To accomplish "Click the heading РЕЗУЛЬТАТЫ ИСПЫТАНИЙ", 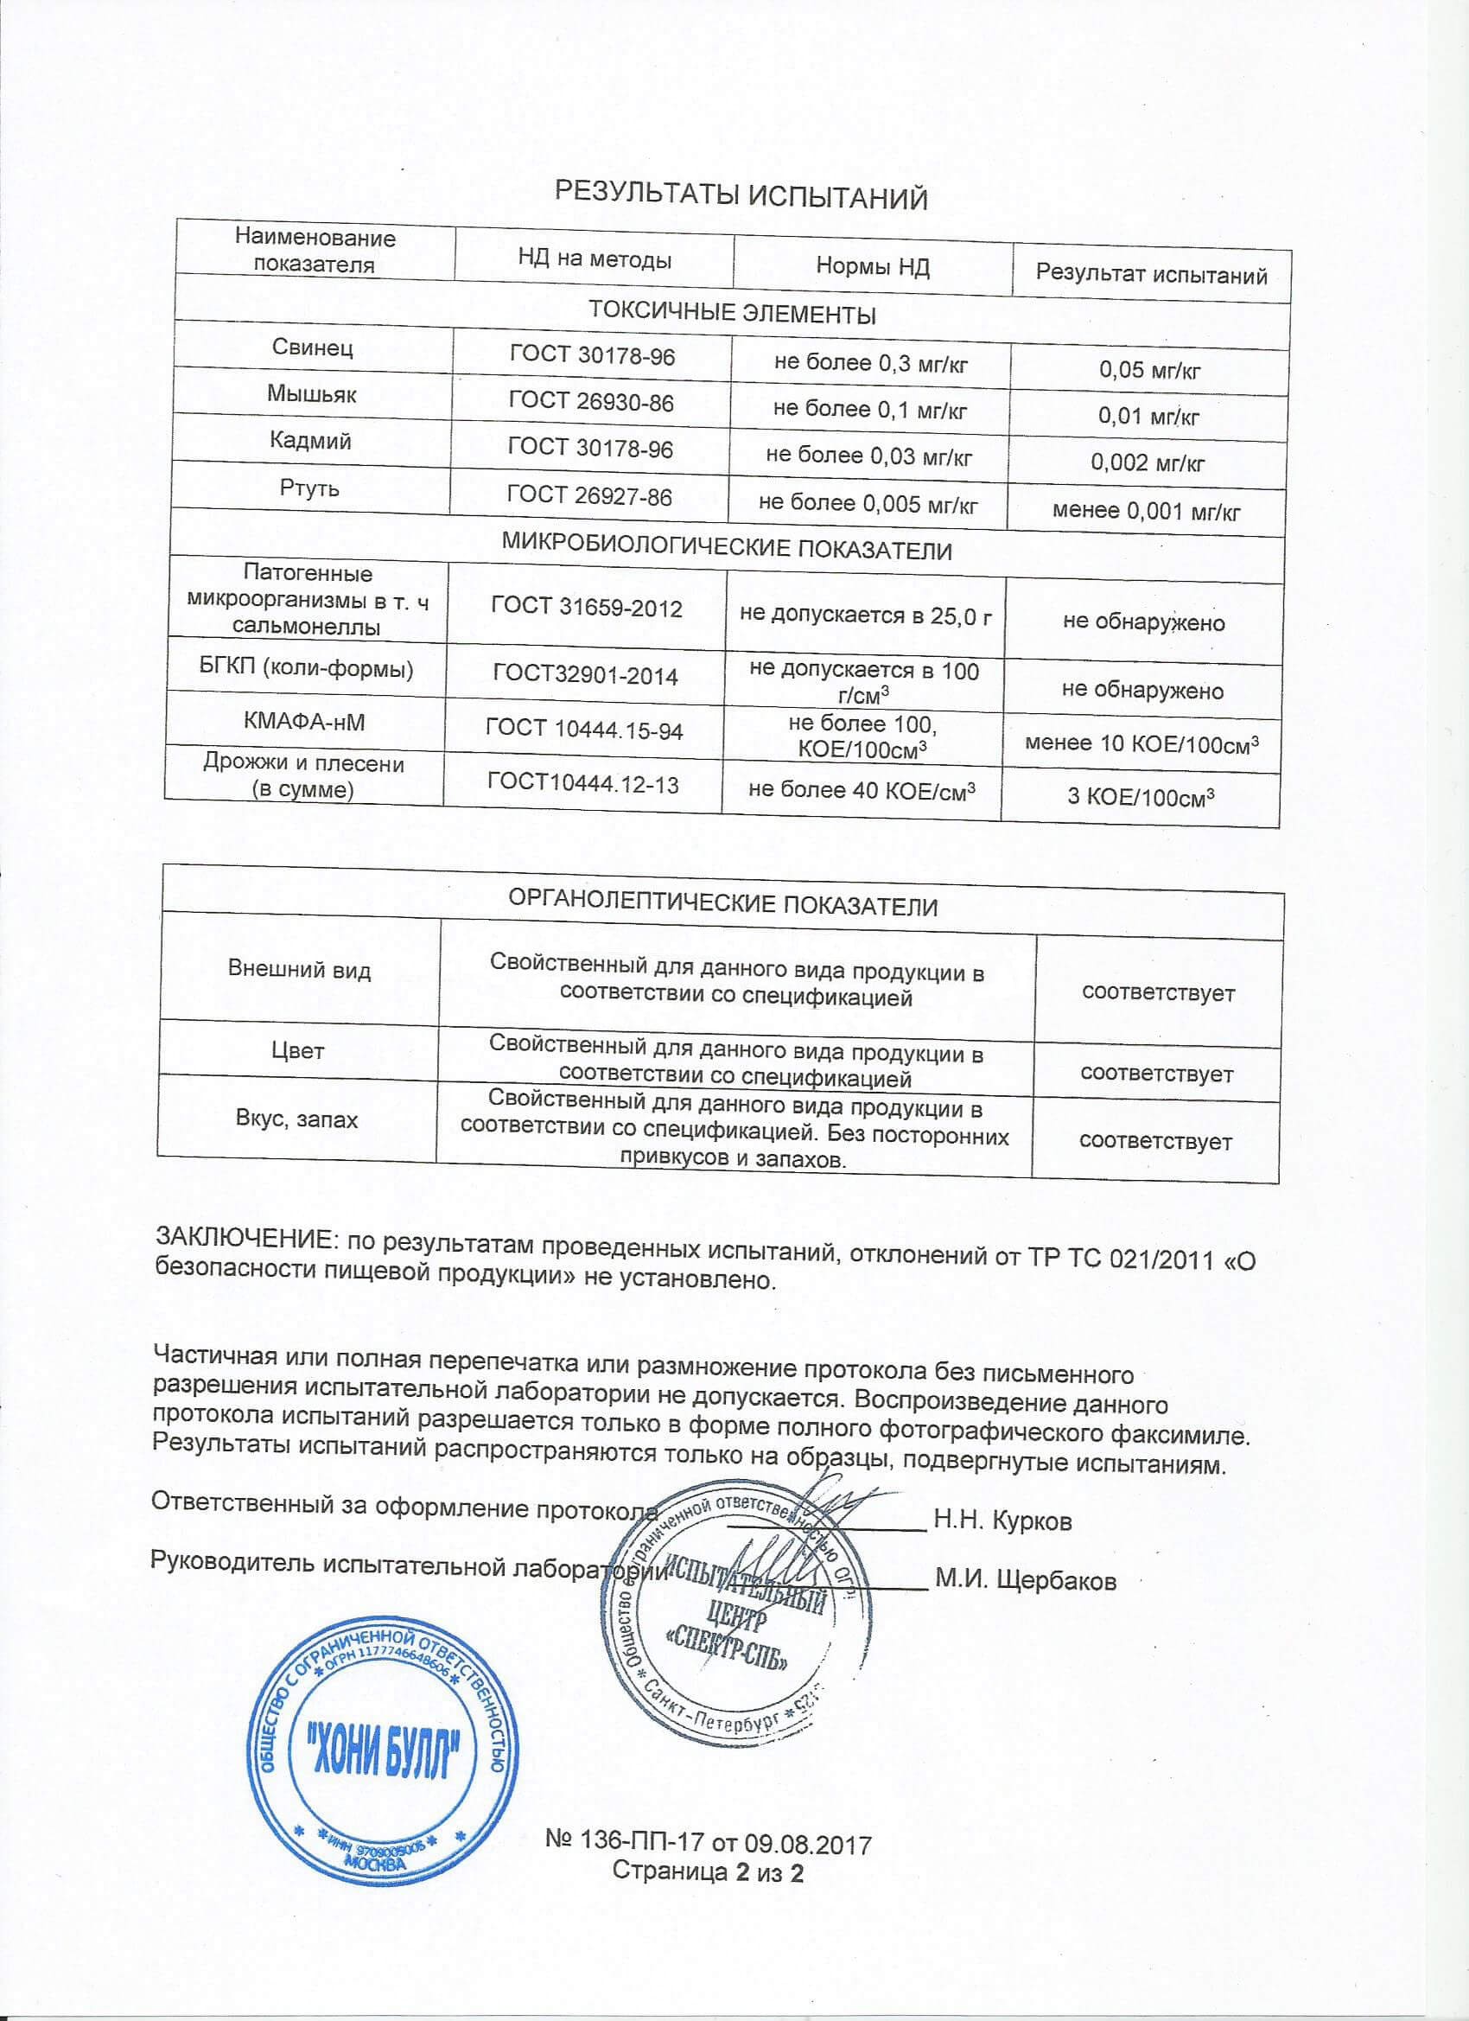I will pyautogui.click(x=741, y=194).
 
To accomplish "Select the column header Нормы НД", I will pyautogui.click(x=872, y=266).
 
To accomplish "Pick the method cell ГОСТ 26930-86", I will pyautogui.click(x=592, y=402).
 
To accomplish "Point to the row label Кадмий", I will pyautogui.click(x=311, y=441).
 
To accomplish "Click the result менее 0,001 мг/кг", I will pyautogui.click(x=1146, y=511).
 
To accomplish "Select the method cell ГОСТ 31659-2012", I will pyautogui.click(x=587, y=609).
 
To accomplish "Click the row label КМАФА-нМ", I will pyautogui.click(x=304, y=722).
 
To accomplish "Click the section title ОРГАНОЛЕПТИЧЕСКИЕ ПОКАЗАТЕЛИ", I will pyautogui.click(x=722, y=906).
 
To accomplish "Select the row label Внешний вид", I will pyautogui.click(x=299, y=970).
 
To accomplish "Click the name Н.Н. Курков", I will pyautogui.click(x=1002, y=1521).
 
